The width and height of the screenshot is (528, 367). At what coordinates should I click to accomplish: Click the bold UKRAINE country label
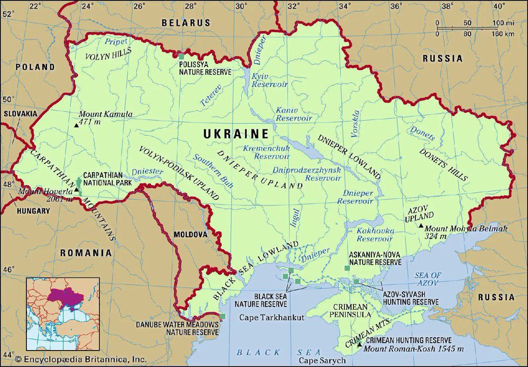click(x=236, y=134)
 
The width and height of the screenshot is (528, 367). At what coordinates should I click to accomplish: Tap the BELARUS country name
click(x=186, y=22)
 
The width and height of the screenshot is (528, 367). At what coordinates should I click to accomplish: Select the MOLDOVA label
click(x=190, y=235)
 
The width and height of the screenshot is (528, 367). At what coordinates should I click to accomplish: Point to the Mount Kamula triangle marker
click(x=76, y=125)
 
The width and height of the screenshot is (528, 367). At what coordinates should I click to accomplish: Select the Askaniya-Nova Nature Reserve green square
click(x=347, y=268)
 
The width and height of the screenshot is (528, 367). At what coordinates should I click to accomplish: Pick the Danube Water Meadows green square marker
click(x=222, y=317)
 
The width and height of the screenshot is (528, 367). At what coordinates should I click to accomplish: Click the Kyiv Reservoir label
click(x=268, y=80)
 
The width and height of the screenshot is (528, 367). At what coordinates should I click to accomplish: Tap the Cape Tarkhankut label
click(x=272, y=317)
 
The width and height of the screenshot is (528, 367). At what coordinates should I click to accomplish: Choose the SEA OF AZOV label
click(x=427, y=278)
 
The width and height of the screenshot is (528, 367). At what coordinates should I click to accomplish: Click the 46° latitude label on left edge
click(x=9, y=270)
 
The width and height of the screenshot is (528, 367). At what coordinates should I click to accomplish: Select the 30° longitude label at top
click(x=241, y=6)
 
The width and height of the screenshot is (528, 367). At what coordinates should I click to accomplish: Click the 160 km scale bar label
click(x=502, y=34)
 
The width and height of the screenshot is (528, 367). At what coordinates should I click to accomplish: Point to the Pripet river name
click(x=116, y=42)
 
